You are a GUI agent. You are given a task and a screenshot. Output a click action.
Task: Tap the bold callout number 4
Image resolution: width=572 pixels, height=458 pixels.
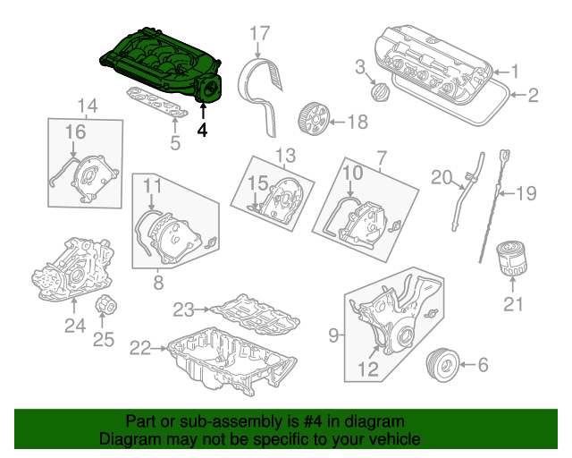pyautogui.click(x=202, y=129)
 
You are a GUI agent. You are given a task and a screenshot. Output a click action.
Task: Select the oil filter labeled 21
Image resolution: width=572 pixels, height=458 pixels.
pyautogui.click(x=512, y=259)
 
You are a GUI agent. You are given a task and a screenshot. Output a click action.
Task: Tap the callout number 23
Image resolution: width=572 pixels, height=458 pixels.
pyautogui.click(x=184, y=310)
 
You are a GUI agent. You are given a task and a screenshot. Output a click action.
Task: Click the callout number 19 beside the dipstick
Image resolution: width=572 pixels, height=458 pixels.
pyautogui.click(x=526, y=191)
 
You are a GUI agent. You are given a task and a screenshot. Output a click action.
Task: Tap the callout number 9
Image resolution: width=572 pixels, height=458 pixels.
pyautogui.click(x=333, y=335)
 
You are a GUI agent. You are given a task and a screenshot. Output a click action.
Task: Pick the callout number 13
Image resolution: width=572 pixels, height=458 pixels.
pyautogui.click(x=284, y=156)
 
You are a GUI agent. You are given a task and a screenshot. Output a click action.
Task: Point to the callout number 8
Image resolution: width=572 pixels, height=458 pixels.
pyautogui.click(x=157, y=282)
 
